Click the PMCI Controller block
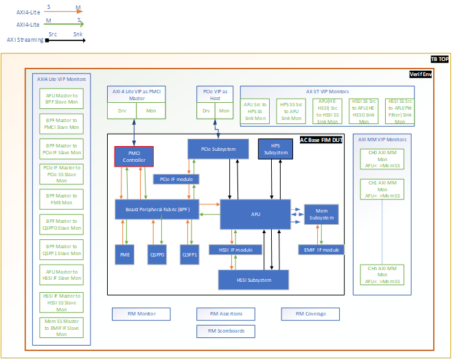[x=134, y=156]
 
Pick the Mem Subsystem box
[x=322, y=214]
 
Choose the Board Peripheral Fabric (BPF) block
[x=162, y=208]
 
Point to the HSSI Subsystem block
[x=253, y=280]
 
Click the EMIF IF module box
[x=319, y=250]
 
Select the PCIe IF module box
[x=176, y=179]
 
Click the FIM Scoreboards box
[x=225, y=331]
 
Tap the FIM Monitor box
[x=141, y=314]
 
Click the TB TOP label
[x=439, y=60]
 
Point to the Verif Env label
[x=420, y=73]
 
